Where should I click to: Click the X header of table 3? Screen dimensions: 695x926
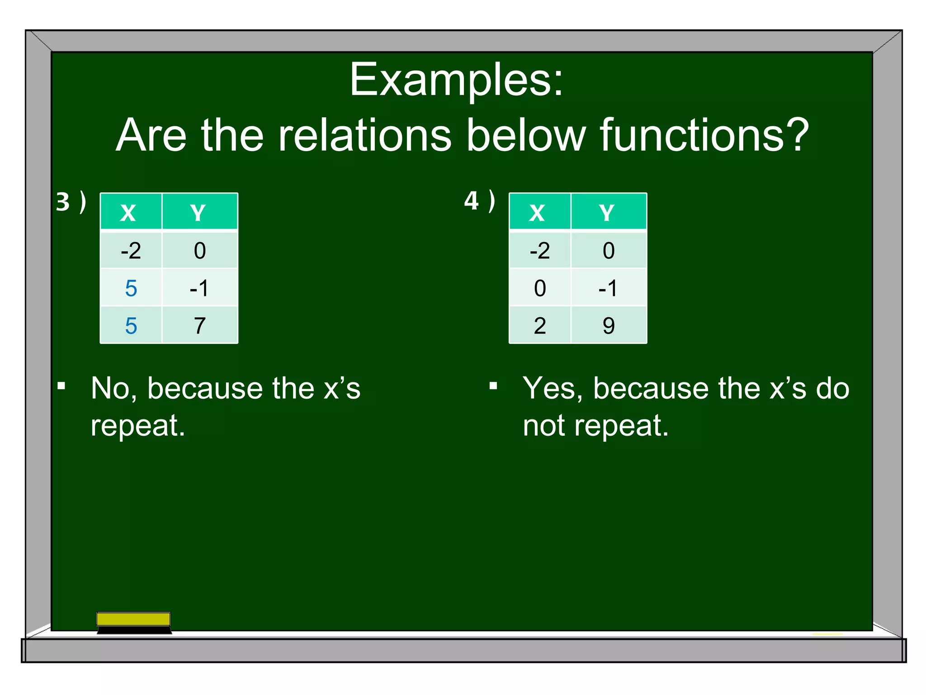click(x=128, y=213)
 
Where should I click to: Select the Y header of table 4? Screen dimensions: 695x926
click(x=607, y=213)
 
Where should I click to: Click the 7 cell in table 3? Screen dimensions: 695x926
click(x=199, y=326)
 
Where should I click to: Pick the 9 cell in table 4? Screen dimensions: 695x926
click(x=608, y=326)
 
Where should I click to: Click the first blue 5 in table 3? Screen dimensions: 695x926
click(x=131, y=288)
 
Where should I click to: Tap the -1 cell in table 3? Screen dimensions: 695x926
click(x=199, y=288)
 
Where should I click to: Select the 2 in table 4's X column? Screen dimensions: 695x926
click(x=539, y=326)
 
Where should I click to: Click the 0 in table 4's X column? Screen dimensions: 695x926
click(x=539, y=288)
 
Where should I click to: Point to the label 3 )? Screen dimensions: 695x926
click(x=71, y=202)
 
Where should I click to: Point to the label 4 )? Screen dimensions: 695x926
click(x=479, y=201)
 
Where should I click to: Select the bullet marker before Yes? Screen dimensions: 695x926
click(x=493, y=386)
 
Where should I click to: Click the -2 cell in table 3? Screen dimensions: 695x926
click(x=131, y=251)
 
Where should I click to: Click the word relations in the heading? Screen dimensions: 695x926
click(x=364, y=136)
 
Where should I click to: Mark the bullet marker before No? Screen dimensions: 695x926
click(x=61, y=386)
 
